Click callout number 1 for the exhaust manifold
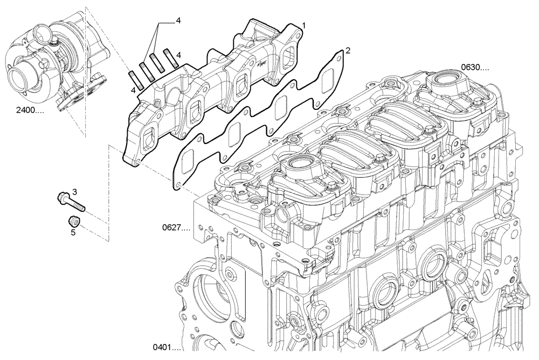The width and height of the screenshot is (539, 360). [304, 25]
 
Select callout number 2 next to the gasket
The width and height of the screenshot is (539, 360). [348, 50]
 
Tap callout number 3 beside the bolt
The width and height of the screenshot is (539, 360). [75, 192]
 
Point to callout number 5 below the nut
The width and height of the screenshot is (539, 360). [73, 233]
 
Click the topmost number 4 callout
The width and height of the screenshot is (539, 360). [178, 21]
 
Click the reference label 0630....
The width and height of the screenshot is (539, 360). [475, 68]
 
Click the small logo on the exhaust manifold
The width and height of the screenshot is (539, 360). [262, 63]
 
